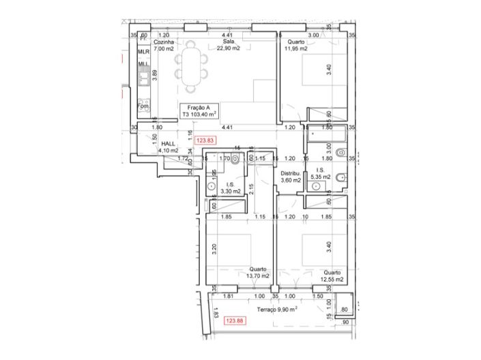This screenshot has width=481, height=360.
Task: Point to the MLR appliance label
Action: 143,52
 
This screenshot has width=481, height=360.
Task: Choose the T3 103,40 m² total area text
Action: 203,115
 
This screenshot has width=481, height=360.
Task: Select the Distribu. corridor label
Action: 291,175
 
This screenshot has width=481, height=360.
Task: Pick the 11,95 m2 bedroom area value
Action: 295,49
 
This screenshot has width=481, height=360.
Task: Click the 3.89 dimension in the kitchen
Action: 155,76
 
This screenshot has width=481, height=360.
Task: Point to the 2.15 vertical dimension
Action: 251,188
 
